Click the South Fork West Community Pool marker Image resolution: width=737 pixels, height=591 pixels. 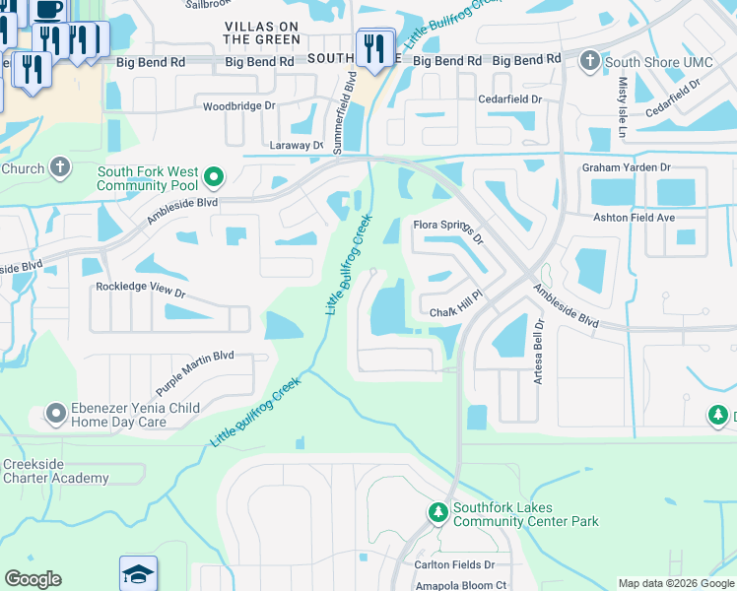coord(213,178)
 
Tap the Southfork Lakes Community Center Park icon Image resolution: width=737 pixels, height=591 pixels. coord(437,513)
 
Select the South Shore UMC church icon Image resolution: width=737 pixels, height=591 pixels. coord(589,62)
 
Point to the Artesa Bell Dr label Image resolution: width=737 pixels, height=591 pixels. coord(539,352)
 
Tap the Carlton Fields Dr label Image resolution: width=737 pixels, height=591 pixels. coord(454,564)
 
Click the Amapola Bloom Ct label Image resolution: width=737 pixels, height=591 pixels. coord(460,585)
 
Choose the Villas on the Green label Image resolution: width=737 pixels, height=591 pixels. coord(261,32)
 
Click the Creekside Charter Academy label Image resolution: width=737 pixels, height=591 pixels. coord(55,471)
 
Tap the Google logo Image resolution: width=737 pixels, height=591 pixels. coord(33,579)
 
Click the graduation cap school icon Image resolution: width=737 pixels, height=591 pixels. coord(138,573)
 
